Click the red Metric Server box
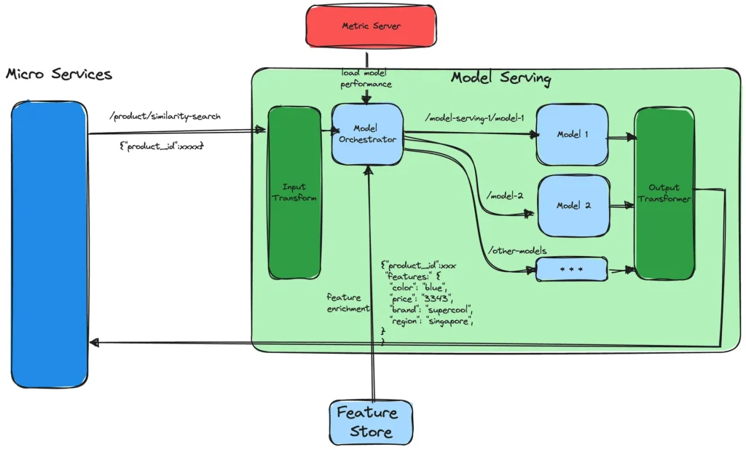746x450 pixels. pyautogui.click(x=372, y=27)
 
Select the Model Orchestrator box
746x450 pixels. pyautogui.click(x=367, y=133)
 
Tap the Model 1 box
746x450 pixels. pyautogui.click(x=572, y=135)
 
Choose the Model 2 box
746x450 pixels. pyautogui.click(x=573, y=205)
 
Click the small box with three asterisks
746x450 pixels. pyautogui.click(x=572, y=269)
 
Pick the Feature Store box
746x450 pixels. pyautogui.click(x=366, y=422)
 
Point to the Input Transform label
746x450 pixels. pyautogui.click(x=294, y=193)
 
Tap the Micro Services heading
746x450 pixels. pyautogui.click(x=59, y=74)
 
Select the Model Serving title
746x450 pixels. pyautogui.click(x=500, y=78)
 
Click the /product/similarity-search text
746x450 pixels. pyautogui.click(x=164, y=116)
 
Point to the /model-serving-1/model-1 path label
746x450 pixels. pyautogui.click(x=474, y=117)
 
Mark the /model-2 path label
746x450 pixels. pyautogui.click(x=504, y=195)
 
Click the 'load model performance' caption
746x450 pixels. pyautogui.click(x=366, y=79)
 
